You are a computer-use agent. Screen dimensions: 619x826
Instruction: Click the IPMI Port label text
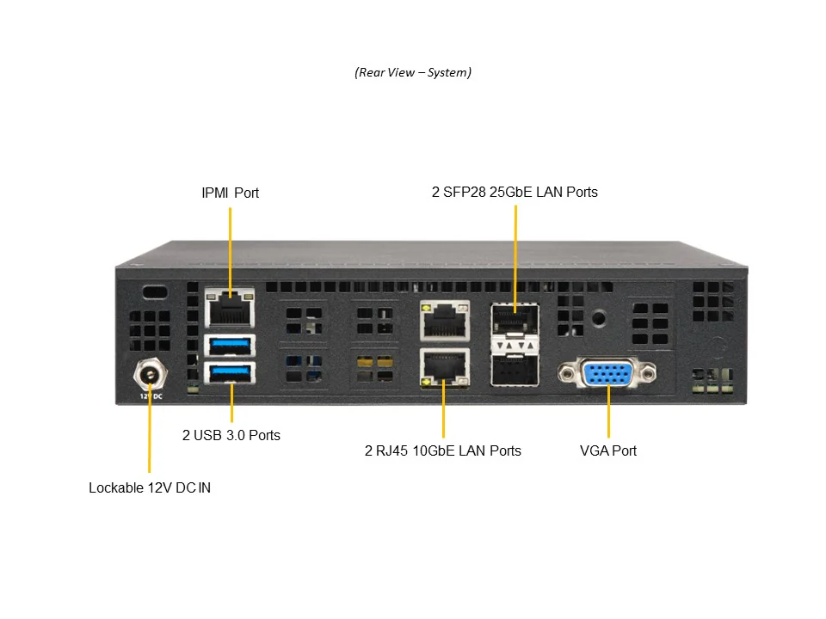click(x=230, y=193)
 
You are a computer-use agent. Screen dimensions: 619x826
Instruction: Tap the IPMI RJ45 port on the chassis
click(x=231, y=305)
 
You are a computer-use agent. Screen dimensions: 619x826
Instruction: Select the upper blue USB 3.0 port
click(x=231, y=346)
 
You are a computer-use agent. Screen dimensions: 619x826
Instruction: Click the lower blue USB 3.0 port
click(x=231, y=373)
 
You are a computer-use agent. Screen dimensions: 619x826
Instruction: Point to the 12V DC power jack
click(x=150, y=375)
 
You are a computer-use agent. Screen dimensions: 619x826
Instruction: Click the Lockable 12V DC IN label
click(x=150, y=487)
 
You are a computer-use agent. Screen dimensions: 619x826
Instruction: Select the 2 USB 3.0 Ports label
click(x=231, y=435)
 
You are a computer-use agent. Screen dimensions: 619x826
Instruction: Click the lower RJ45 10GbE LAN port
click(x=444, y=367)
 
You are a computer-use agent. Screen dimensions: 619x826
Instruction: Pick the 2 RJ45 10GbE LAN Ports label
click(x=443, y=450)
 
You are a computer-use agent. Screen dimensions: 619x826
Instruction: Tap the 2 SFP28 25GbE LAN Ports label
click(x=515, y=192)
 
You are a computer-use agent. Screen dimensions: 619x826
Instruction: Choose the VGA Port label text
click(x=608, y=450)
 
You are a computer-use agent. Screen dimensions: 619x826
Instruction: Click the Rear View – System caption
click(x=413, y=72)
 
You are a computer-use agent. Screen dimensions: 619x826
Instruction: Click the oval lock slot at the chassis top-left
click(x=155, y=291)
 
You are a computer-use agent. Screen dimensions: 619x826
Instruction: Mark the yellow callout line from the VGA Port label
click(x=608, y=413)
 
